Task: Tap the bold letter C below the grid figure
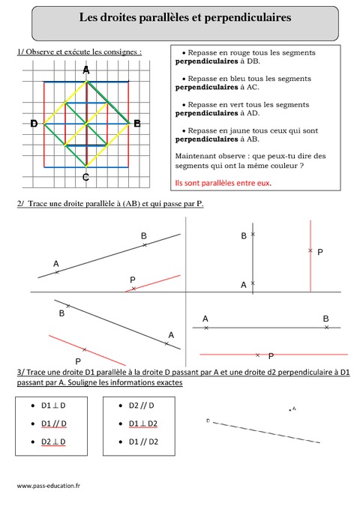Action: coord(85,178)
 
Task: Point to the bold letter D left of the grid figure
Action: coord(34,123)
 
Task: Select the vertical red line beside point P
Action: coord(310,255)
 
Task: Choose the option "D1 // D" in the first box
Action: coord(54,424)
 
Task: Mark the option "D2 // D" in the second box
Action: coord(141,406)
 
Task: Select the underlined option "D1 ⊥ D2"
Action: coord(143,424)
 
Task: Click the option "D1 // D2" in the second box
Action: coord(143,442)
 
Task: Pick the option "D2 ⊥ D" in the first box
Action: coord(54,442)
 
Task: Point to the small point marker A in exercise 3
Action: coord(290,409)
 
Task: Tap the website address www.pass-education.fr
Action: coord(48,486)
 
